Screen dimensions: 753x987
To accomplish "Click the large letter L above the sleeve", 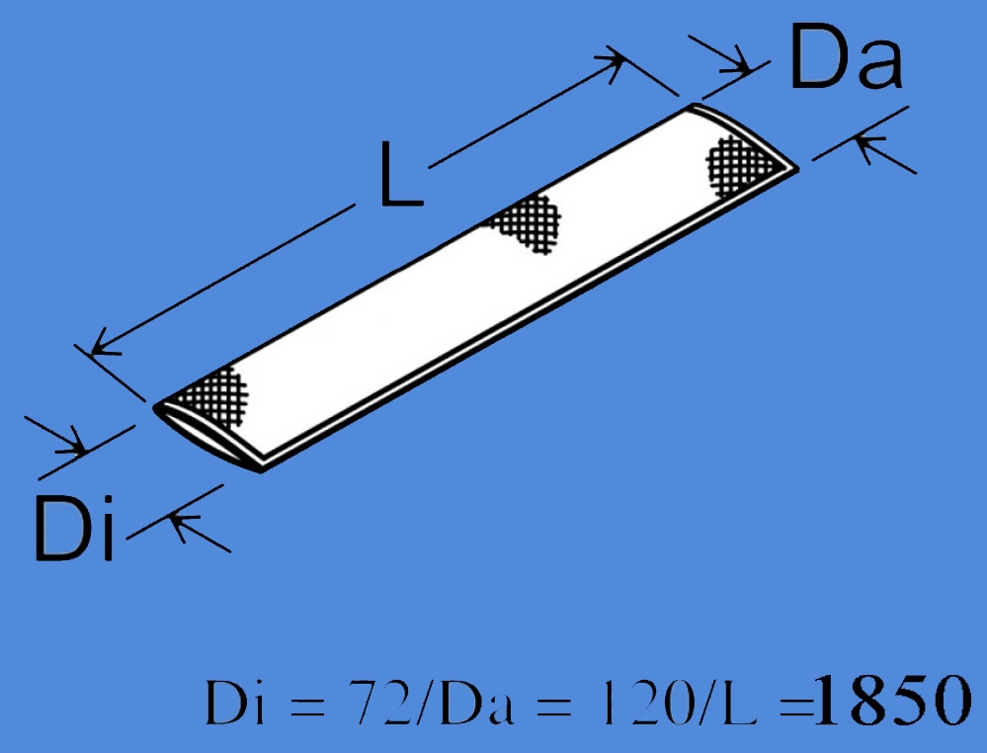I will point(400,176).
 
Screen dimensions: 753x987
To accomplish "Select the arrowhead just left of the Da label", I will point(736,66).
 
